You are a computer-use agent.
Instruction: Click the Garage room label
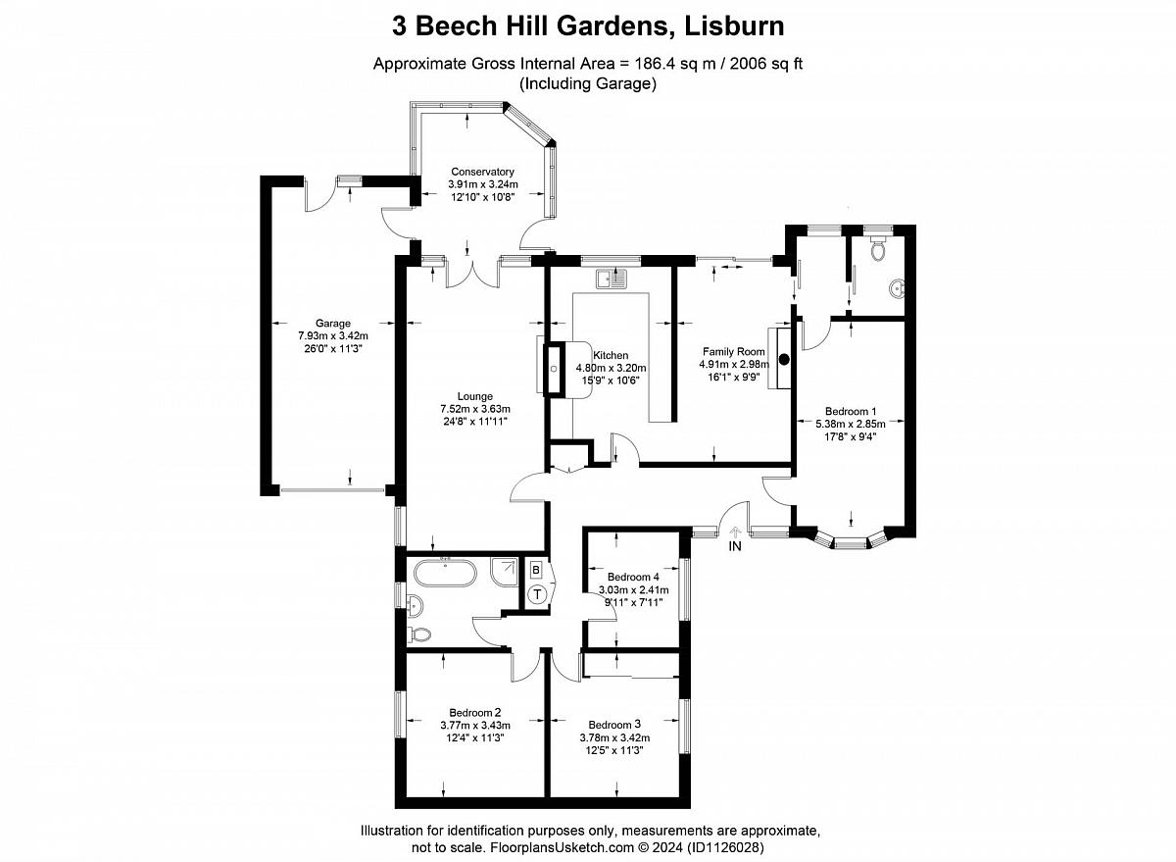pos(333,324)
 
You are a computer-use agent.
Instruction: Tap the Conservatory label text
pos(482,172)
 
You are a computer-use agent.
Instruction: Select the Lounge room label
pos(474,396)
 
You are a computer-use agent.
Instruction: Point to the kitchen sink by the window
pos(612,279)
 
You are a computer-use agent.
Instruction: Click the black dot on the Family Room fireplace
pos(784,360)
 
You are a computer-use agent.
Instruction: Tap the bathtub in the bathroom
pos(445,573)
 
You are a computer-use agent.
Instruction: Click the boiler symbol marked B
pos(536,570)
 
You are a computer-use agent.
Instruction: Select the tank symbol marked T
pos(537,595)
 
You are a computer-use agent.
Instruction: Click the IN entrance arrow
pos(735,532)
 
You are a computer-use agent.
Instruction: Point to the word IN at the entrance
pos(735,546)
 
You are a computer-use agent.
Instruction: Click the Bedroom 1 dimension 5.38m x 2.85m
pos(850,424)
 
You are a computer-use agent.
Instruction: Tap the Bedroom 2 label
pos(474,713)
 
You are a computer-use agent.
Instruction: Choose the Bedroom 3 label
pos(614,725)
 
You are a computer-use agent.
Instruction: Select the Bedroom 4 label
pos(633,577)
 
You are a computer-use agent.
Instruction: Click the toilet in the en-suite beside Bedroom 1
pos(877,249)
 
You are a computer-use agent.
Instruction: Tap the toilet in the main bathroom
pos(420,634)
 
